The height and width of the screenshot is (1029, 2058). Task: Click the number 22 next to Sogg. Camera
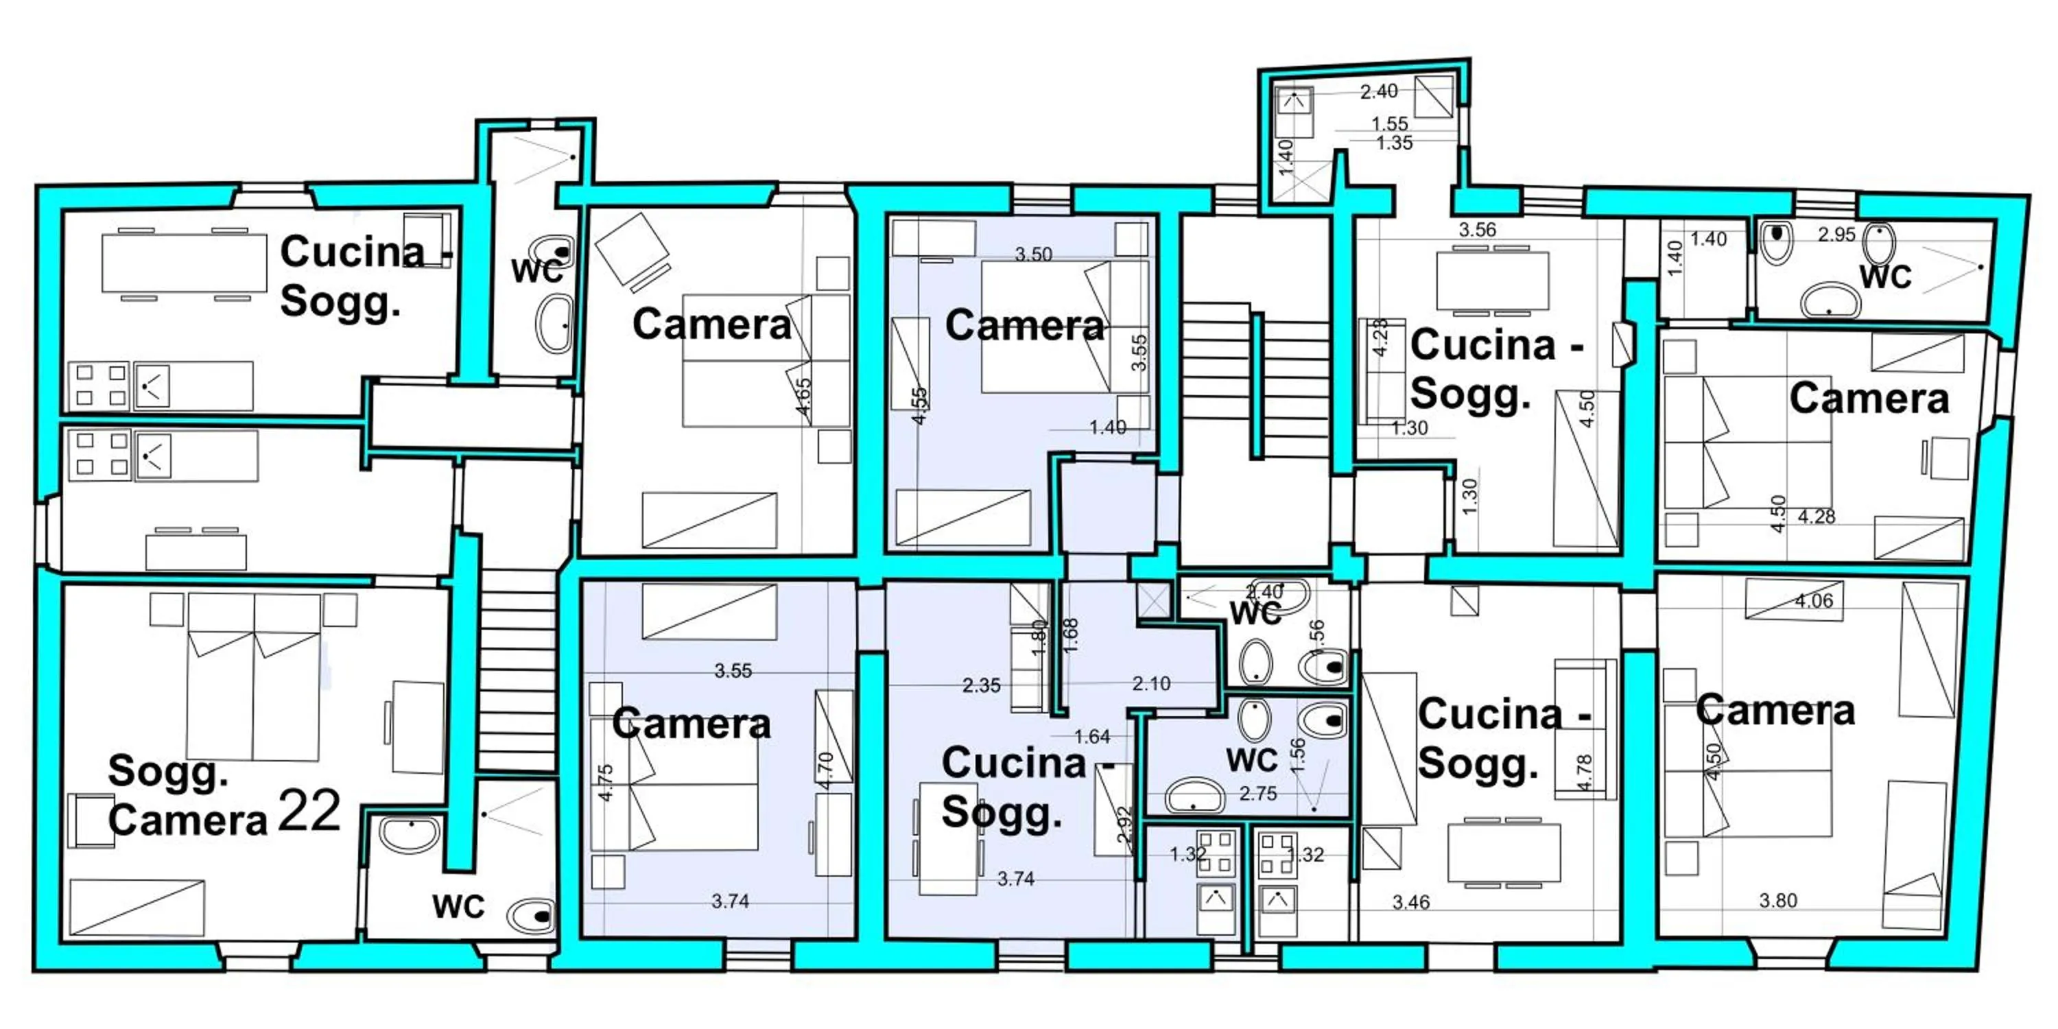pos(310,812)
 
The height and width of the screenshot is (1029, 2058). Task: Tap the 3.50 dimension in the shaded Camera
pos(1033,254)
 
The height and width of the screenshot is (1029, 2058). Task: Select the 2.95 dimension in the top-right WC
pos(1836,235)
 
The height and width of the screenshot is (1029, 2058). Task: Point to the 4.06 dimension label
pos(1814,601)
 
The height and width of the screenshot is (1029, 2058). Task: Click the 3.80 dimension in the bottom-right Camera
pos(1777,900)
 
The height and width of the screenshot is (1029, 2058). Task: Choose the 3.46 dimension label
pos(1411,902)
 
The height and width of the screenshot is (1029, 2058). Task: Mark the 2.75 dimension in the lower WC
pos(1257,793)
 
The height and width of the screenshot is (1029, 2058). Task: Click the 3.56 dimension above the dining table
pos(1477,230)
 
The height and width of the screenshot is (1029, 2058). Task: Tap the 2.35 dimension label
pos(981,685)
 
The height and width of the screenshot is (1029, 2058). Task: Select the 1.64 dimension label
pos(1092,737)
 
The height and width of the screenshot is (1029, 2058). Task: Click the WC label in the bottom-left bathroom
pos(458,907)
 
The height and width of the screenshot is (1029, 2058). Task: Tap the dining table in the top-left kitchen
pos(184,263)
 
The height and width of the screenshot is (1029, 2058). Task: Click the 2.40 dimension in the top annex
pos(1379,92)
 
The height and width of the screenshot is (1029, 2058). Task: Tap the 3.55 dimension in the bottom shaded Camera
pos(733,671)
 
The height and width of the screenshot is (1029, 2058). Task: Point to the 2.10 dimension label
pos(1150,684)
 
